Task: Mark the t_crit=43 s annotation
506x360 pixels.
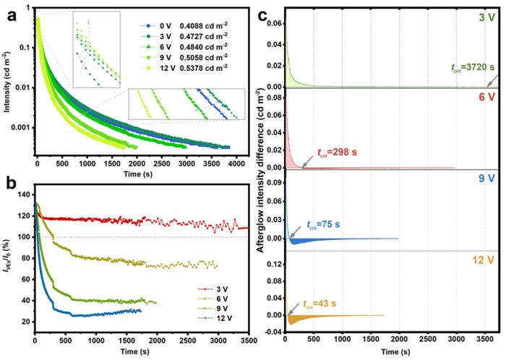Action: click(x=323, y=304)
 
